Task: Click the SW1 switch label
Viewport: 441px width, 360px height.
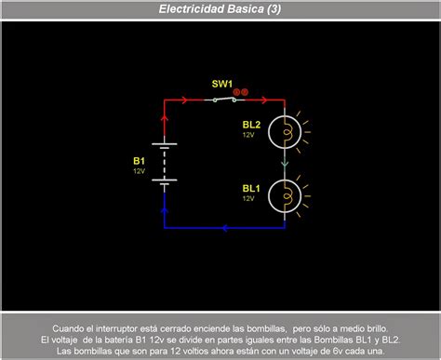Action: pyautogui.click(x=221, y=83)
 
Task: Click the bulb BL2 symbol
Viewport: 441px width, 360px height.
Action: pyautogui.click(x=286, y=131)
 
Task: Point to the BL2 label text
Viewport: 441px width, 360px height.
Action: pyautogui.click(x=251, y=124)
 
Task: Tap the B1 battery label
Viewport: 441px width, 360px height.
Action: pyautogui.click(x=139, y=160)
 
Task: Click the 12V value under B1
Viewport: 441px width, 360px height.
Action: pyautogui.click(x=139, y=171)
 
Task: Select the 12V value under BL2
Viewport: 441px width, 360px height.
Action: pyautogui.click(x=249, y=135)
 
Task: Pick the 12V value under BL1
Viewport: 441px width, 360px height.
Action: pyautogui.click(x=249, y=198)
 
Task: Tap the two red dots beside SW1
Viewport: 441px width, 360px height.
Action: pyautogui.click(x=241, y=91)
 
